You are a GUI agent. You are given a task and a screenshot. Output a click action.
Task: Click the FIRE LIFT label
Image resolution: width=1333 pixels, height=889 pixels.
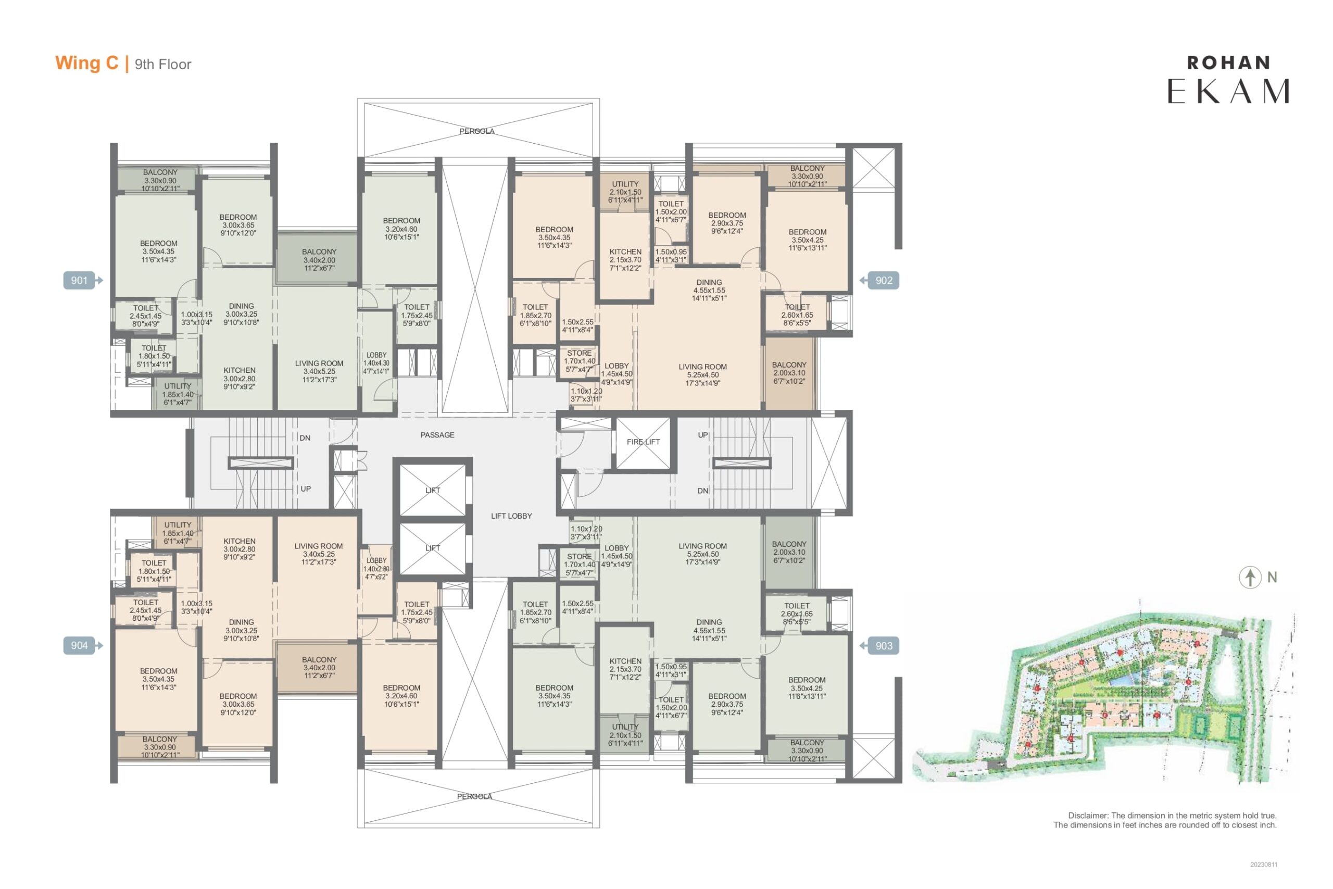pos(643,442)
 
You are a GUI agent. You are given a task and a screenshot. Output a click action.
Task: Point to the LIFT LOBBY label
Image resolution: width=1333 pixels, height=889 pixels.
pos(511,516)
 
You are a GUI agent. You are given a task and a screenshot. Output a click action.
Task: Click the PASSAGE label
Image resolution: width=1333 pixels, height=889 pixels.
pos(437,435)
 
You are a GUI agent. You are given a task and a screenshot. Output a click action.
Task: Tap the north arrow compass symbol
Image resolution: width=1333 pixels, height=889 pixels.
pos(1250,578)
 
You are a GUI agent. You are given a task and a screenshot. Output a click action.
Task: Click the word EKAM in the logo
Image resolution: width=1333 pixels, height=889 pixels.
pos(1228,91)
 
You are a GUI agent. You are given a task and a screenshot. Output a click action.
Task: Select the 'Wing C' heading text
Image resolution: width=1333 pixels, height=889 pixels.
pos(87,63)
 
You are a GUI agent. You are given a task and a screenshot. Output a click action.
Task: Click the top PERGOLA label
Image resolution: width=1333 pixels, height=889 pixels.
pos(476,131)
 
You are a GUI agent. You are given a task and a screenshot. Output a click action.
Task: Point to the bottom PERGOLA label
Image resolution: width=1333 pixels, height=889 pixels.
pos(474,797)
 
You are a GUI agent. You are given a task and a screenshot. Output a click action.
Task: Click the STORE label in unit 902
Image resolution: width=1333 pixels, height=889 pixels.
pos(579,353)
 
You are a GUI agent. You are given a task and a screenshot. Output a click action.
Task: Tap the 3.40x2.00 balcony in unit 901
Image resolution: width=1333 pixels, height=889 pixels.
pos(319,260)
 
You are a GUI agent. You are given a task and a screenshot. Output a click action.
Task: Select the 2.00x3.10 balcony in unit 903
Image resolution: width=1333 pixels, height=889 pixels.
pos(789,552)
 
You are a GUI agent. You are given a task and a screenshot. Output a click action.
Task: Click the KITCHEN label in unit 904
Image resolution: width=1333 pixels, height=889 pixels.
pos(239,541)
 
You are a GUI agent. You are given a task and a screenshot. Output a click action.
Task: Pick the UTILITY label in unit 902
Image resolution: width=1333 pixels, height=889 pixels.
pos(625,184)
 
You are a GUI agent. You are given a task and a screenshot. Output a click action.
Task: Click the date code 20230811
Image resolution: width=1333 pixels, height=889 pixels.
pos(1264,865)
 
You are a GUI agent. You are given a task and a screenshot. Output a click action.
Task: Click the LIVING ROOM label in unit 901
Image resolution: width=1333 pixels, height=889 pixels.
pos(319,364)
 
